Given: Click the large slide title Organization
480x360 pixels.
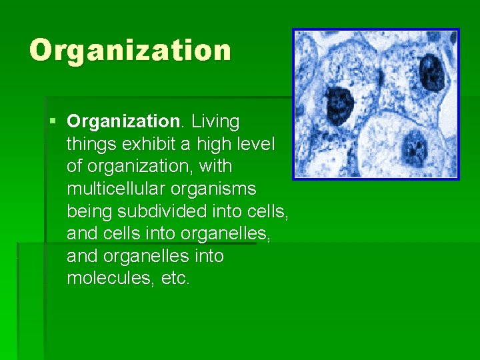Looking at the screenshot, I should click(130, 51).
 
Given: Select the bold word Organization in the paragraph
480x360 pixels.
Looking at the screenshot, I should click(123, 122).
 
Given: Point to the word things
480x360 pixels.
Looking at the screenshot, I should click(91, 145).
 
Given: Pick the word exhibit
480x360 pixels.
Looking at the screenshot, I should click(147, 145).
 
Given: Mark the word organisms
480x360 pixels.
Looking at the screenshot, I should click(217, 189).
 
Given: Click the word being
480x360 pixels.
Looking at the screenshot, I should click(90, 212).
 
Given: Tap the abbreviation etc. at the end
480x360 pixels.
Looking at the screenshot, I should click(176, 279).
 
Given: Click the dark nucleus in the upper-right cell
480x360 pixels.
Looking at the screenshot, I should click(431, 71).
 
